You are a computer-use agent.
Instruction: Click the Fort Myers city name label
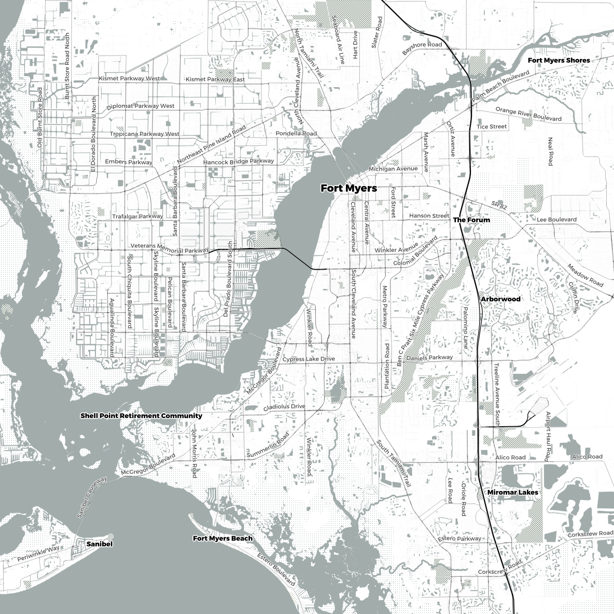point(348,188)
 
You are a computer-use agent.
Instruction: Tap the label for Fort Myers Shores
point(559,60)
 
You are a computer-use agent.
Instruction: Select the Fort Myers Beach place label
point(222,538)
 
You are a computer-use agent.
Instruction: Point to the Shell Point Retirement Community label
point(141,416)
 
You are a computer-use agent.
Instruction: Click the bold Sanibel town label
point(99,544)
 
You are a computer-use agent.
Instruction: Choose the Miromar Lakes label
point(512,492)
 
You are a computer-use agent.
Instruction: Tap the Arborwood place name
point(500,299)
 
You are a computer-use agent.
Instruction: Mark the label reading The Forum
point(471,220)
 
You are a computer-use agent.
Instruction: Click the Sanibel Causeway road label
point(91,497)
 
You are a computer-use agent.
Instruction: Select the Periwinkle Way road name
point(38,554)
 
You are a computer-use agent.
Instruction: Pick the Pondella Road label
point(296,134)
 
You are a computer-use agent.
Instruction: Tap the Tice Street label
point(491,127)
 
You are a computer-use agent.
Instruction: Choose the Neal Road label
point(550,151)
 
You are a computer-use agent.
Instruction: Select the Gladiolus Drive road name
point(284,407)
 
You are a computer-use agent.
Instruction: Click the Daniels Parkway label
point(430,358)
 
